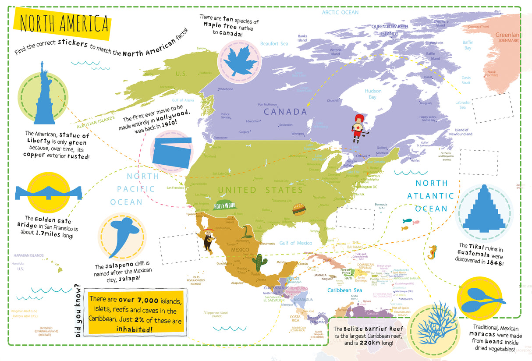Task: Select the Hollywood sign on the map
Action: coord(225,205)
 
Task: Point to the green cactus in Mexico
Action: coord(260,262)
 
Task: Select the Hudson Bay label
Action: coord(373,94)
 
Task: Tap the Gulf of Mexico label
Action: coord(296,243)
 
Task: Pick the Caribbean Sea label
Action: coord(345,290)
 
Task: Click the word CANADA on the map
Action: coord(285,112)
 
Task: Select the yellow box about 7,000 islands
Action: coord(136,313)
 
